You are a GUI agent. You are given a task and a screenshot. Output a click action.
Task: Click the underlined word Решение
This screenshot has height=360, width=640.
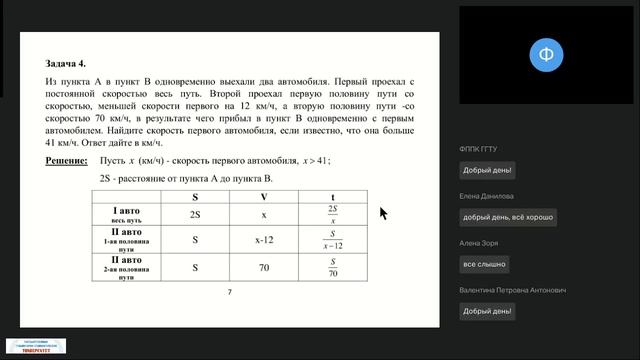tap(67, 160)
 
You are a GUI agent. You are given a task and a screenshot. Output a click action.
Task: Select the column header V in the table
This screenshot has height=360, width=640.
tap(263, 196)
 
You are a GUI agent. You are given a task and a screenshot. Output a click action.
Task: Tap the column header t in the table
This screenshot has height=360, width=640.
tap(332, 196)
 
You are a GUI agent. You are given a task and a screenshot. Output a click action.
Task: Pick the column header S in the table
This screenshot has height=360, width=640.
tap(195, 196)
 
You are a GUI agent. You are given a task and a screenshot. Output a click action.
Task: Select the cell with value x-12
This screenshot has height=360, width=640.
tap(264, 240)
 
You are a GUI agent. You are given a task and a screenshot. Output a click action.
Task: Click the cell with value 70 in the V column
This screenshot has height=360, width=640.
tap(264, 268)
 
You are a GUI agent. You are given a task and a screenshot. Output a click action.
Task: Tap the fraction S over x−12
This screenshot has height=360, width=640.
tap(332, 241)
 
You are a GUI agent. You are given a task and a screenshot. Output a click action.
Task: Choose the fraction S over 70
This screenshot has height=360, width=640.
tap(332, 268)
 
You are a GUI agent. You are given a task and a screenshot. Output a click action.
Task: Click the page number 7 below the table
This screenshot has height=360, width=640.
tap(229, 292)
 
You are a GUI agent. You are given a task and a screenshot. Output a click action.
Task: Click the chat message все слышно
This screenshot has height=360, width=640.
tap(483, 264)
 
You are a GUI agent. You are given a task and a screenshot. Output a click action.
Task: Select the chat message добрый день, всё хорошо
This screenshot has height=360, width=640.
tap(508, 217)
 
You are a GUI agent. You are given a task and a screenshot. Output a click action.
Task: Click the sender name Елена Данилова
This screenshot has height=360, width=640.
tap(487, 196)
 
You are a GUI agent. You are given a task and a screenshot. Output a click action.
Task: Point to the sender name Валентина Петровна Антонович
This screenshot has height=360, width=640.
tap(513, 290)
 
